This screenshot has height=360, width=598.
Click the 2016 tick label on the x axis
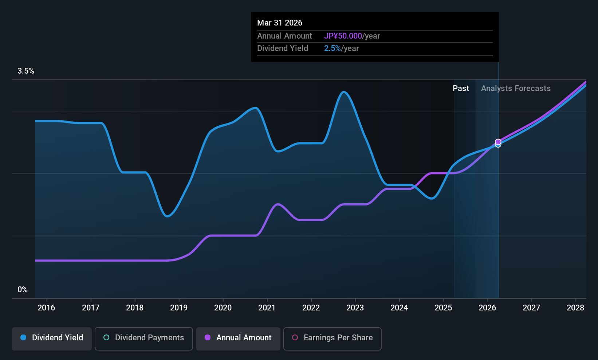[x=46, y=308]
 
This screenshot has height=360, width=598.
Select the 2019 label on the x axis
[x=179, y=308]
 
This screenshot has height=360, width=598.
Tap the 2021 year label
[x=267, y=308]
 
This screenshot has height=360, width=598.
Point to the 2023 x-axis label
[x=355, y=308]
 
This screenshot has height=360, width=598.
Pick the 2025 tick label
[x=443, y=308]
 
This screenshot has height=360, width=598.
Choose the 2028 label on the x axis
[x=575, y=308]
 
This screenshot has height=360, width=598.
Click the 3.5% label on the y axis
[x=26, y=71]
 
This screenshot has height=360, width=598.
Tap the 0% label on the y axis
[x=23, y=290]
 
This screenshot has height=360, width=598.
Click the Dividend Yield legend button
[x=52, y=338]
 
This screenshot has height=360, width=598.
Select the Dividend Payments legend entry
[x=143, y=338]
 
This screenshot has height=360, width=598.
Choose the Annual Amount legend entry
[x=238, y=338]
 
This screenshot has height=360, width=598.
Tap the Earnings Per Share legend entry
[x=332, y=338]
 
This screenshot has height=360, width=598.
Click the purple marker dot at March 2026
[x=498, y=142]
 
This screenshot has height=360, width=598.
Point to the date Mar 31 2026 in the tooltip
[x=280, y=23]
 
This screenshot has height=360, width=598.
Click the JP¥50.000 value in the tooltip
[x=343, y=36]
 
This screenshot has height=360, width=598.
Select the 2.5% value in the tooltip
[x=332, y=48]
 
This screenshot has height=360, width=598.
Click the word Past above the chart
[x=461, y=89]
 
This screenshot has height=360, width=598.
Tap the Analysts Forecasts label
[x=516, y=89]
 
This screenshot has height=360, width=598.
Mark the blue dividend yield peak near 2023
[x=343, y=92]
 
